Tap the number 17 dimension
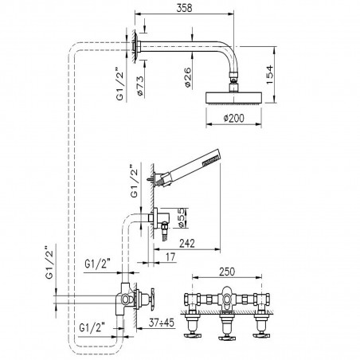pos(170,257)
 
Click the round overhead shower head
pos(237,97)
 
